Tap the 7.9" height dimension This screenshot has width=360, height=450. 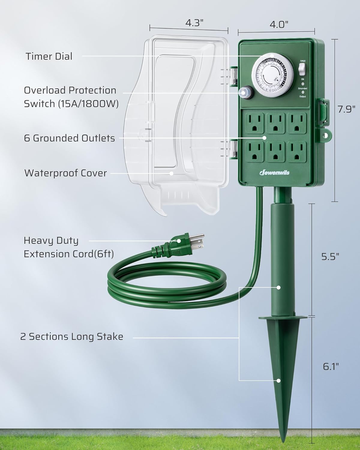346,109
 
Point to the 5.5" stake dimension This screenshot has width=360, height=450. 330,257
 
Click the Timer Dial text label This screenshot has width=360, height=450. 49,56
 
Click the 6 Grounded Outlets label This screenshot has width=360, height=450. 69,138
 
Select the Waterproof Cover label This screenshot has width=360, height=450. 65,173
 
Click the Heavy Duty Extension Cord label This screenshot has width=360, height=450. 68,247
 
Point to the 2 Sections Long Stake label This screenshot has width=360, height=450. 72,337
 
